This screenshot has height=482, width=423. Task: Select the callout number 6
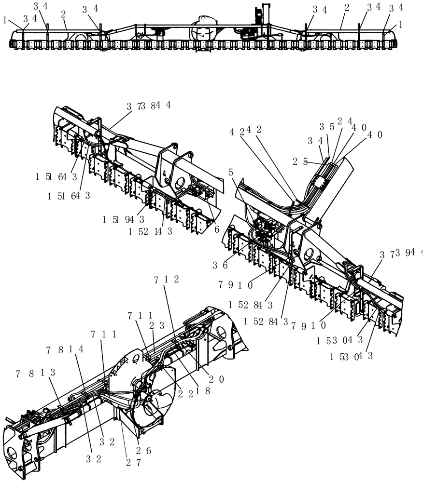coord(217,229)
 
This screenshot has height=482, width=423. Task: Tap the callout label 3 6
coord(220,265)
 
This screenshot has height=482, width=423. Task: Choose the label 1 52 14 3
coord(151,231)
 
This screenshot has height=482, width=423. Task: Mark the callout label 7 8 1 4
coord(65,349)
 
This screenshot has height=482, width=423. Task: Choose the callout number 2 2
coord(184,394)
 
